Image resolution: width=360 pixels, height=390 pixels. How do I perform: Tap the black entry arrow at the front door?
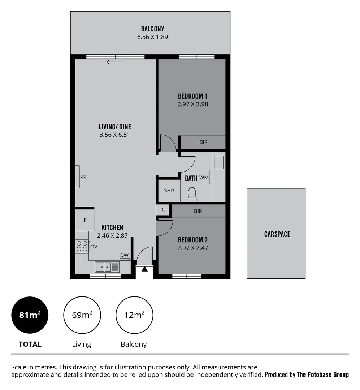[144, 269]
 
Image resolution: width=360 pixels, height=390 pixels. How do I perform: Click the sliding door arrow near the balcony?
[116, 62]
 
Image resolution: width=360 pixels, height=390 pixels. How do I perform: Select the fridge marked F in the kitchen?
[85, 220]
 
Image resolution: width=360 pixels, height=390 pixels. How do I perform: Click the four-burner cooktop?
[82, 246]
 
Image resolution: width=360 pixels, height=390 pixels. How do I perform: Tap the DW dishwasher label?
[124, 255]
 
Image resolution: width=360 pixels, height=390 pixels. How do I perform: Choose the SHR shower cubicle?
[169, 191]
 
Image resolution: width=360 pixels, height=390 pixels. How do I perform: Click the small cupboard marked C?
[163, 209]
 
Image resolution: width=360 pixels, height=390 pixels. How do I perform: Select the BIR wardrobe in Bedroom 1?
[203, 142]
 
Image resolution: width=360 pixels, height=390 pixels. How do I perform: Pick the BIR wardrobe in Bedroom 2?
[198, 211]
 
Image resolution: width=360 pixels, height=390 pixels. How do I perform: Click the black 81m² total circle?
[30, 315]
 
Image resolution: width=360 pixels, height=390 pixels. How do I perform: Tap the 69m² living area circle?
[82, 315]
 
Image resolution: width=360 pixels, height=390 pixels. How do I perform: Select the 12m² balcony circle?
[134, 315]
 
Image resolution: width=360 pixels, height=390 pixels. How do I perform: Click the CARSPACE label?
[277, 234]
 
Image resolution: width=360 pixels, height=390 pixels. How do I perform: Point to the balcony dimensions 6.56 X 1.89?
[152, 37]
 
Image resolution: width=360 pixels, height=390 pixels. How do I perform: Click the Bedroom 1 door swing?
[168, 143]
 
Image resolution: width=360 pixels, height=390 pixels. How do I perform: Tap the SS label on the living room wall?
[83, 178]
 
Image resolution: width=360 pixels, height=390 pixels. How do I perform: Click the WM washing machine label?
[204, 178]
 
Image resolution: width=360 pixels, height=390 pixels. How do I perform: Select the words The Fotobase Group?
[322, 374]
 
